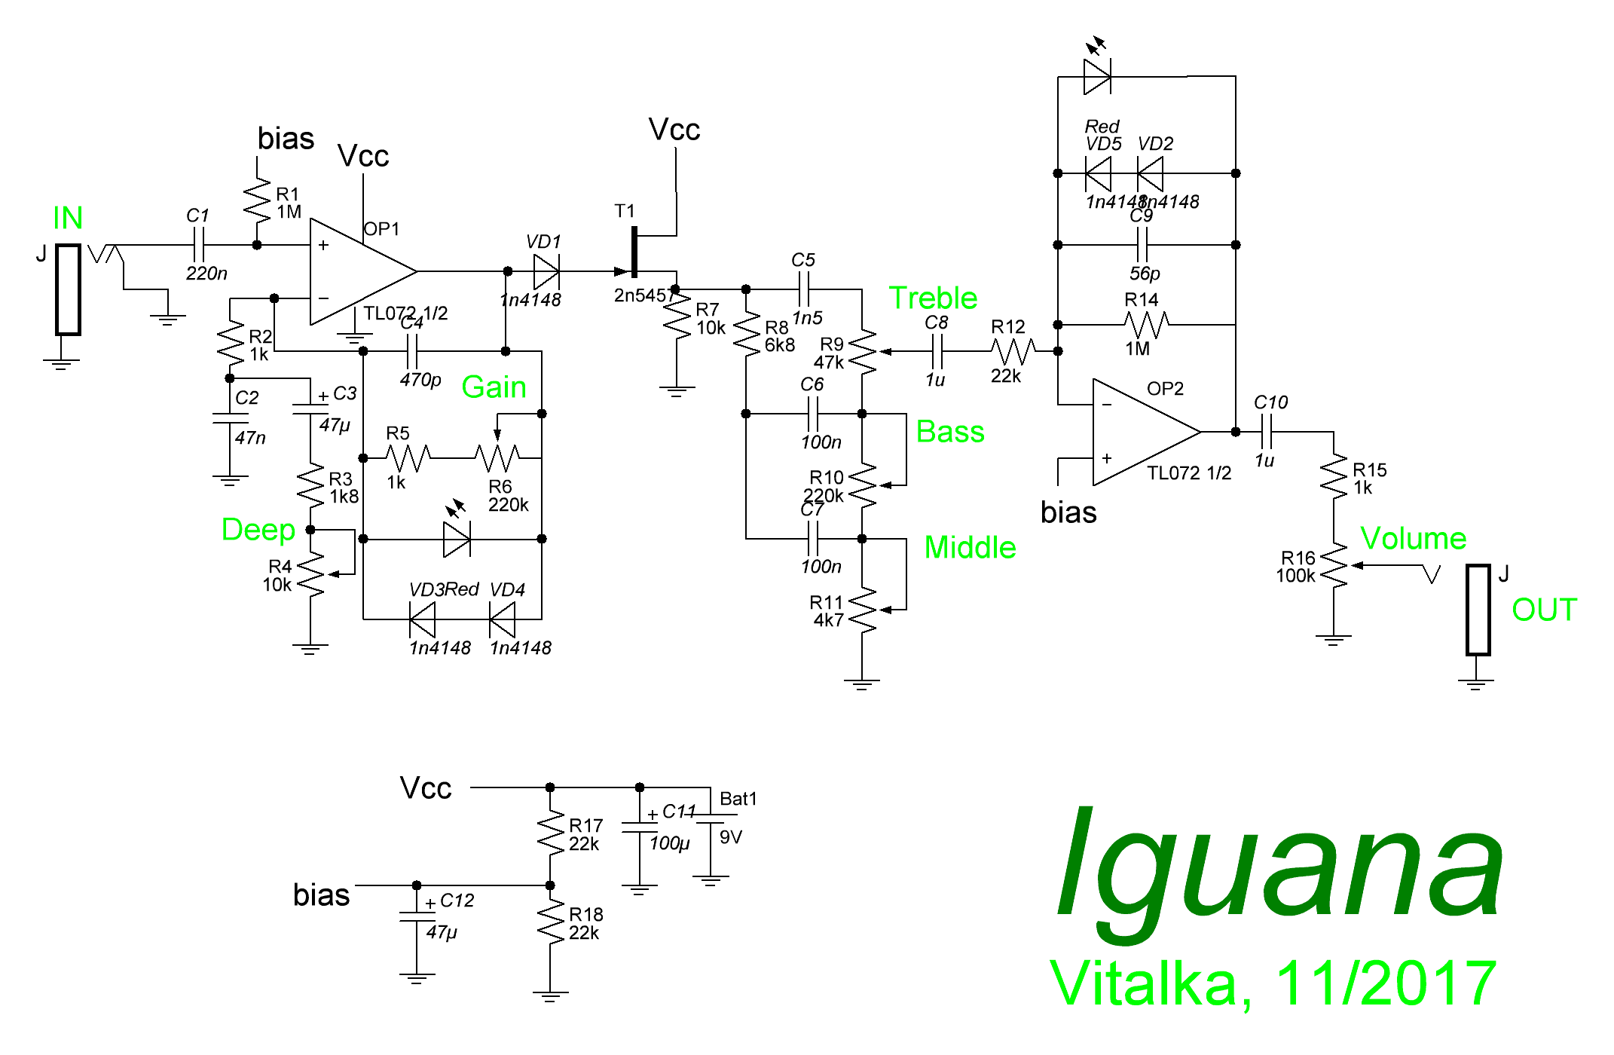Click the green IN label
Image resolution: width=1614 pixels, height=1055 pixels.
pyautogui.click(x=68, y=219)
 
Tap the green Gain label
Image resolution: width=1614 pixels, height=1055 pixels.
pyautogui.click(x=494, y=387)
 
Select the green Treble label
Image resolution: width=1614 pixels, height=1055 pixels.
pyautogui.click(x=933, y=298)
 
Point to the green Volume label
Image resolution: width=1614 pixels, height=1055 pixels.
pyautogui.click(x=1414, y=539)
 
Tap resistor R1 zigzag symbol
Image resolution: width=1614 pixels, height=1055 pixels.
pyautogui.click(x=257, y=200)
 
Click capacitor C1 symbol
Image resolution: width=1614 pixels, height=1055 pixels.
pyautogui.click(x=199, y=245)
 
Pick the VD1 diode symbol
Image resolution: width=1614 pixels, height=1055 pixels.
pyautogui.click(x=546, y=271)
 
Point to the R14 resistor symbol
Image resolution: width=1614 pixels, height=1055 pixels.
pyautogui.click(x=1146, y=325)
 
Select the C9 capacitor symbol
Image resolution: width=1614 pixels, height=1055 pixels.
pyautogui.click(x=1142, y=245)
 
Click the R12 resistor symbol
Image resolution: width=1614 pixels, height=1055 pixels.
pyautogui.click(x=1013, y=351)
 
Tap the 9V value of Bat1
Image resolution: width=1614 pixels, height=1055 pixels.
pyautogui.click(x=731, y=837)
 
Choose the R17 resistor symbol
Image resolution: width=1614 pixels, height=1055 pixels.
pyautogui.click(x=551, y=833)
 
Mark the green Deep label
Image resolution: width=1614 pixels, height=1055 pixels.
pyautogui.click(x=258, y=530)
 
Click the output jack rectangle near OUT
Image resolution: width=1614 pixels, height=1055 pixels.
pyautogui.click(x=1478, y=610)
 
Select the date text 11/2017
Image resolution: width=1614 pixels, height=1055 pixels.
pyautogui.click(x=1386, y=983)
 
